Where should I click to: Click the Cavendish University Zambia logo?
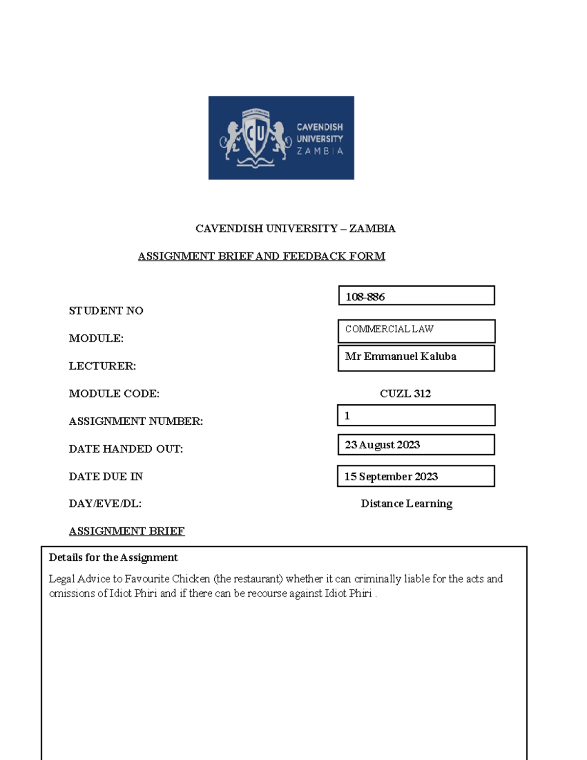(x=281, y=138)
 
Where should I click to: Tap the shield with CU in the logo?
(x=255, y=134)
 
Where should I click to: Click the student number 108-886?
(x=365, y=297)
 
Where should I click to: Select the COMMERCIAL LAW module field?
(x=389, y=329)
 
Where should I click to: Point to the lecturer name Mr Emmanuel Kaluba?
(x=401, y=357)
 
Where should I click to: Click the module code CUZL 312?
(x=405, y=393)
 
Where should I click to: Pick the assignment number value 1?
(x=347, y=416)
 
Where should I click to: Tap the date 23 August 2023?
(x=382, y=445)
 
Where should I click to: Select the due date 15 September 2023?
(x=391, y=477)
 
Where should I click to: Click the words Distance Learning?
(x=406, y=504)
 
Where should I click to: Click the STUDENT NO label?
(x=106, y=311)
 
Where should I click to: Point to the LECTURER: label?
(x=102, y=366)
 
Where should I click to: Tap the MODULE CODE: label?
(x=114, y=393)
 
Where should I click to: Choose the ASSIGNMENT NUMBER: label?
(x=135, y=421)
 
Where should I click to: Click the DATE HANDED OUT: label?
(x=126, y=449)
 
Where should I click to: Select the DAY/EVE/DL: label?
(x=105, y=504)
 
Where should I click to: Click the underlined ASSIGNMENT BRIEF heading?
(x=127, y=531)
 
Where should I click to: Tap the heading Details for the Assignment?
(x=113, y=557)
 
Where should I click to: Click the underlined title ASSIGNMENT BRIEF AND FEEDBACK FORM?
(x=261, y=256)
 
